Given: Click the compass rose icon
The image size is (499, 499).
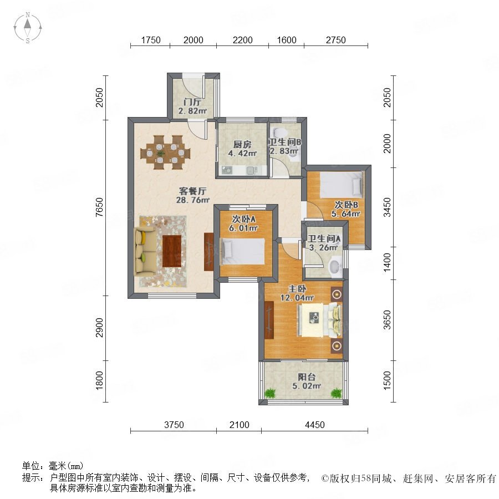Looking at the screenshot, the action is (28, 27).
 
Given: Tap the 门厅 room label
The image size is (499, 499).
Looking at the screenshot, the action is (192, 102).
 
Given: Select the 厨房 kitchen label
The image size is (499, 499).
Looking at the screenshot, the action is (242, 145).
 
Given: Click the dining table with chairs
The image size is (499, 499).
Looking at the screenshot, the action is (165, 152).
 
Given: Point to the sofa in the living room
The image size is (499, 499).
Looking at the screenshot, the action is (145, 251).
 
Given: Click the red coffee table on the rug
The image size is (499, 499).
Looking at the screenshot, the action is (172, 251).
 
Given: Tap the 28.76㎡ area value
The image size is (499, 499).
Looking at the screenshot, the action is (193, 200).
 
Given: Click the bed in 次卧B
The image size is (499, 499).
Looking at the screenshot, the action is (341, 185).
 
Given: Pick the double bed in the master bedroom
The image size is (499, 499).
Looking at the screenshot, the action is (319, 319).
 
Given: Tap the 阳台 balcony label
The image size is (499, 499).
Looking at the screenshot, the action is (307, 377).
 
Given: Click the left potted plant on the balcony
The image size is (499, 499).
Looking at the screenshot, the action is (270, 393).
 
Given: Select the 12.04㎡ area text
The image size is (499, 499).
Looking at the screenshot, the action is (297, 298).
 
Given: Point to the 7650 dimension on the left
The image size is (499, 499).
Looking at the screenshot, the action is (100, 207).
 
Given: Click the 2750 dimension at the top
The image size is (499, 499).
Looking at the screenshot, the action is (336, 40).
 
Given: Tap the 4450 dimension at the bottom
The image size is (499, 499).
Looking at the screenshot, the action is (315, 425).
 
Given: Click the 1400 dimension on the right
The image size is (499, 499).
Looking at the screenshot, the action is (387, 263).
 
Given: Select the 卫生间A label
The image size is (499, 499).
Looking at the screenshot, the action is (324, 238).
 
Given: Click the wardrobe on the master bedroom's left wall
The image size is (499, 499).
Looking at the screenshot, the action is (269, 319).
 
